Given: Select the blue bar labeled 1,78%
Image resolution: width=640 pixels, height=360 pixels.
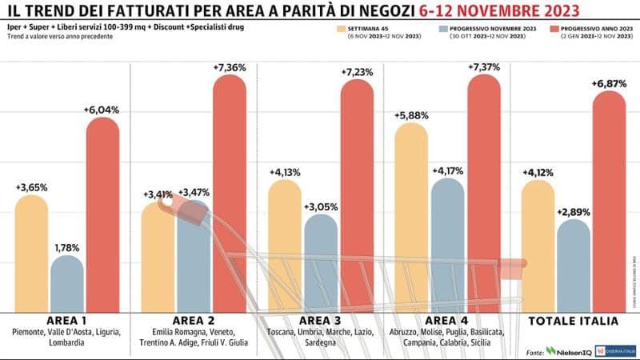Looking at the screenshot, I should (x=67, y=284).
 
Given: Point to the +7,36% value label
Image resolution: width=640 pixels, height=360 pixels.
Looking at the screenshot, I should (x=230, y=68).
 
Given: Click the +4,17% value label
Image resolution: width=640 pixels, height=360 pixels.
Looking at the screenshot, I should (x=448, y=171).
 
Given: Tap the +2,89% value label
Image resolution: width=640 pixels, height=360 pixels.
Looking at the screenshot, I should (x=574, y=212).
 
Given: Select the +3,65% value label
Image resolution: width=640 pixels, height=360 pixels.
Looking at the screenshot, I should (x=31, y=187).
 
